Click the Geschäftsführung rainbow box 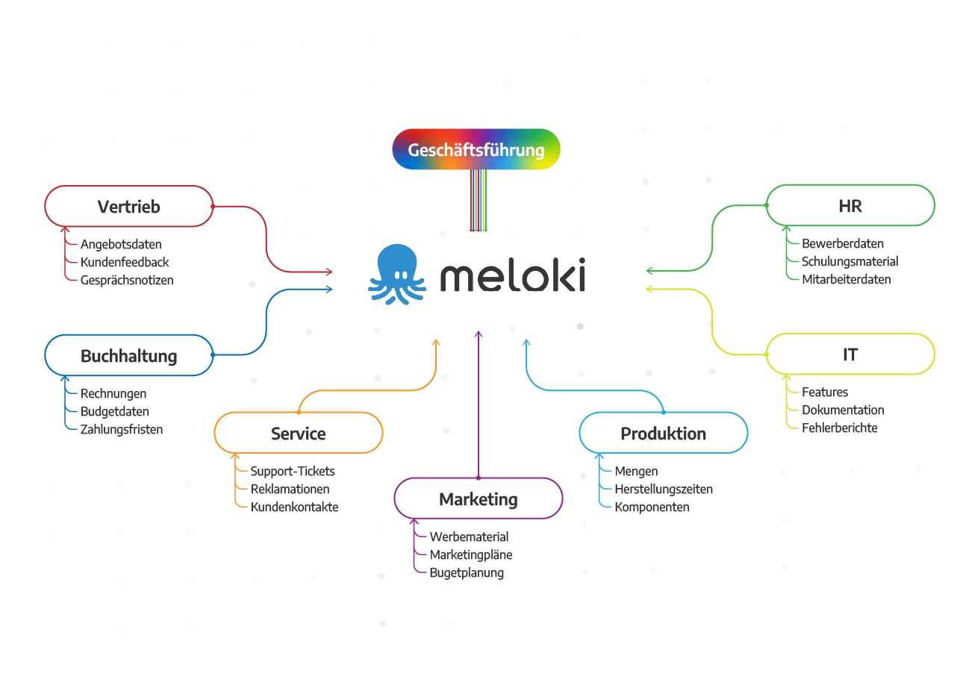476,149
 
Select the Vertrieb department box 128,206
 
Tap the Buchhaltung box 128,355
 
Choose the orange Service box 298,433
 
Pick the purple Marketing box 478,499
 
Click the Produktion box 663,433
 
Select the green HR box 850,205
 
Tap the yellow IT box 850,354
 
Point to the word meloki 512,275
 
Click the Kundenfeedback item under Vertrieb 125,262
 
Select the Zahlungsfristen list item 121,429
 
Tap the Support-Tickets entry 293,471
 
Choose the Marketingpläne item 471,554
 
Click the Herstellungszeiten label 664,489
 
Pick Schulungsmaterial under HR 850,261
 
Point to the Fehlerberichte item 840,428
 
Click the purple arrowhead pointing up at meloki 478,333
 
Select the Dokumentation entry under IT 843,410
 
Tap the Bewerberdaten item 843,243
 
